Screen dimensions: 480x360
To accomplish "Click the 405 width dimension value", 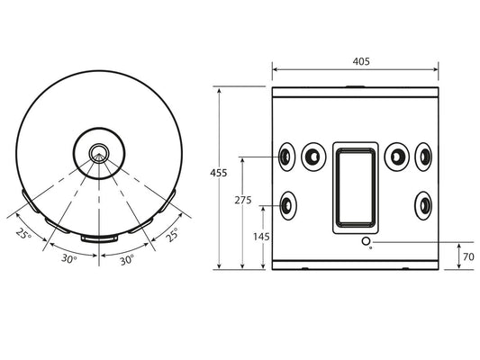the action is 361,61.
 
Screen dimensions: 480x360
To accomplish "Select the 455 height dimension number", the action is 219,173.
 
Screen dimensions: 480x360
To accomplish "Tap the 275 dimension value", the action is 243,200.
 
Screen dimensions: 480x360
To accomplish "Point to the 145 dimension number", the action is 261,237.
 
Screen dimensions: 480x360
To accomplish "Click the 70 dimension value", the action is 468,256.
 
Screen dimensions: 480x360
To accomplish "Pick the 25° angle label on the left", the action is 23,234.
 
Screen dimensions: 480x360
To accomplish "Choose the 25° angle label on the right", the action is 172,235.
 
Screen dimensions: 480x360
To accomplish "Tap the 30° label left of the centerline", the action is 69,259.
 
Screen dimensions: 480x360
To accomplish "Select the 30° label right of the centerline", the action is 127,260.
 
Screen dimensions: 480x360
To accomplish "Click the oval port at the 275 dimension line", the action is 287,157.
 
